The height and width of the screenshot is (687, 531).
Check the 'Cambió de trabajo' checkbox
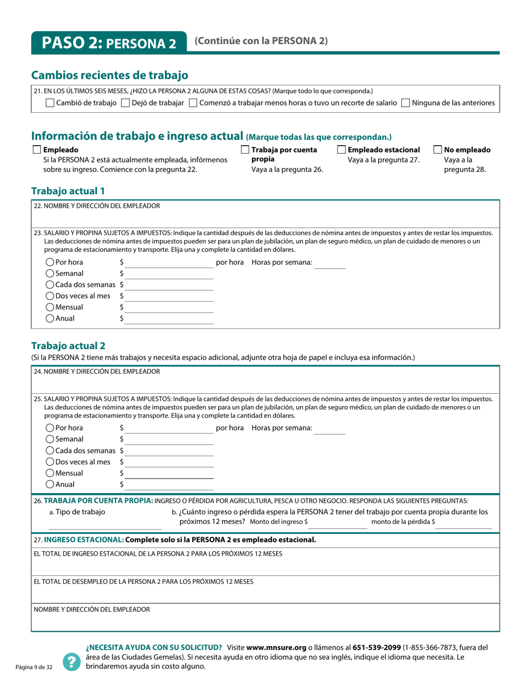(x=50, y=103)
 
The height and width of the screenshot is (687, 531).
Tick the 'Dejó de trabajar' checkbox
(x=125, y=103)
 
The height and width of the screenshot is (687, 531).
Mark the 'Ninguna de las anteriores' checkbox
(x=406, y=103)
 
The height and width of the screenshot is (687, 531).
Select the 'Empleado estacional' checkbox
(x=342, y=150)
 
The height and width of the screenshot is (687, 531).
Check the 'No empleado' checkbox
(x=438, y=150)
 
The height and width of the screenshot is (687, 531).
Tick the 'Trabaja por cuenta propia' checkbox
(x=245, y=150)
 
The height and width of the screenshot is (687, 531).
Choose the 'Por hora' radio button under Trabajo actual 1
(x=50, y=262)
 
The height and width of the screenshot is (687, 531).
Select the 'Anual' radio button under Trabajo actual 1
(x=50, y=318)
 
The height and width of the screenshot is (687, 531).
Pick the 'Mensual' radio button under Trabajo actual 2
(x=50, y=473)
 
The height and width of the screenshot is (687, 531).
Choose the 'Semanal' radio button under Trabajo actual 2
(x=50, y=439)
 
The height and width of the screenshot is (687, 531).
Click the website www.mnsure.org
(x=276, y=648)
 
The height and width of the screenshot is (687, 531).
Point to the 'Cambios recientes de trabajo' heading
(x=110, y=75)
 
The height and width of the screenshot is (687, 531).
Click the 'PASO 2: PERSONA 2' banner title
(x=108, y=43)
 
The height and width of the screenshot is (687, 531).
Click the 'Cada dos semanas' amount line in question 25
(x=169, y=453)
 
